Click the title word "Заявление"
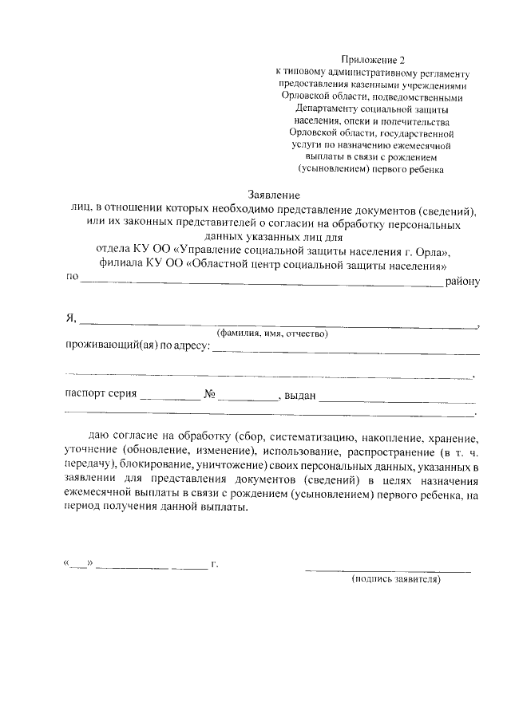coord(273,195)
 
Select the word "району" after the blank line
coord(462,279)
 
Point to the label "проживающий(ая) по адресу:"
coord(137,347)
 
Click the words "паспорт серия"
coord(101,395)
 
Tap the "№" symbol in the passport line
coord(211,395)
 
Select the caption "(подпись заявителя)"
coord(396,580)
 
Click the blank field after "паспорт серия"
coord(169,397)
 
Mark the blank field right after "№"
coord(247,397)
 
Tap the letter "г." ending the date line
coord(215,564)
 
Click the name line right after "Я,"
coord(275,325)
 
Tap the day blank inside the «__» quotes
coord(78,565)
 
